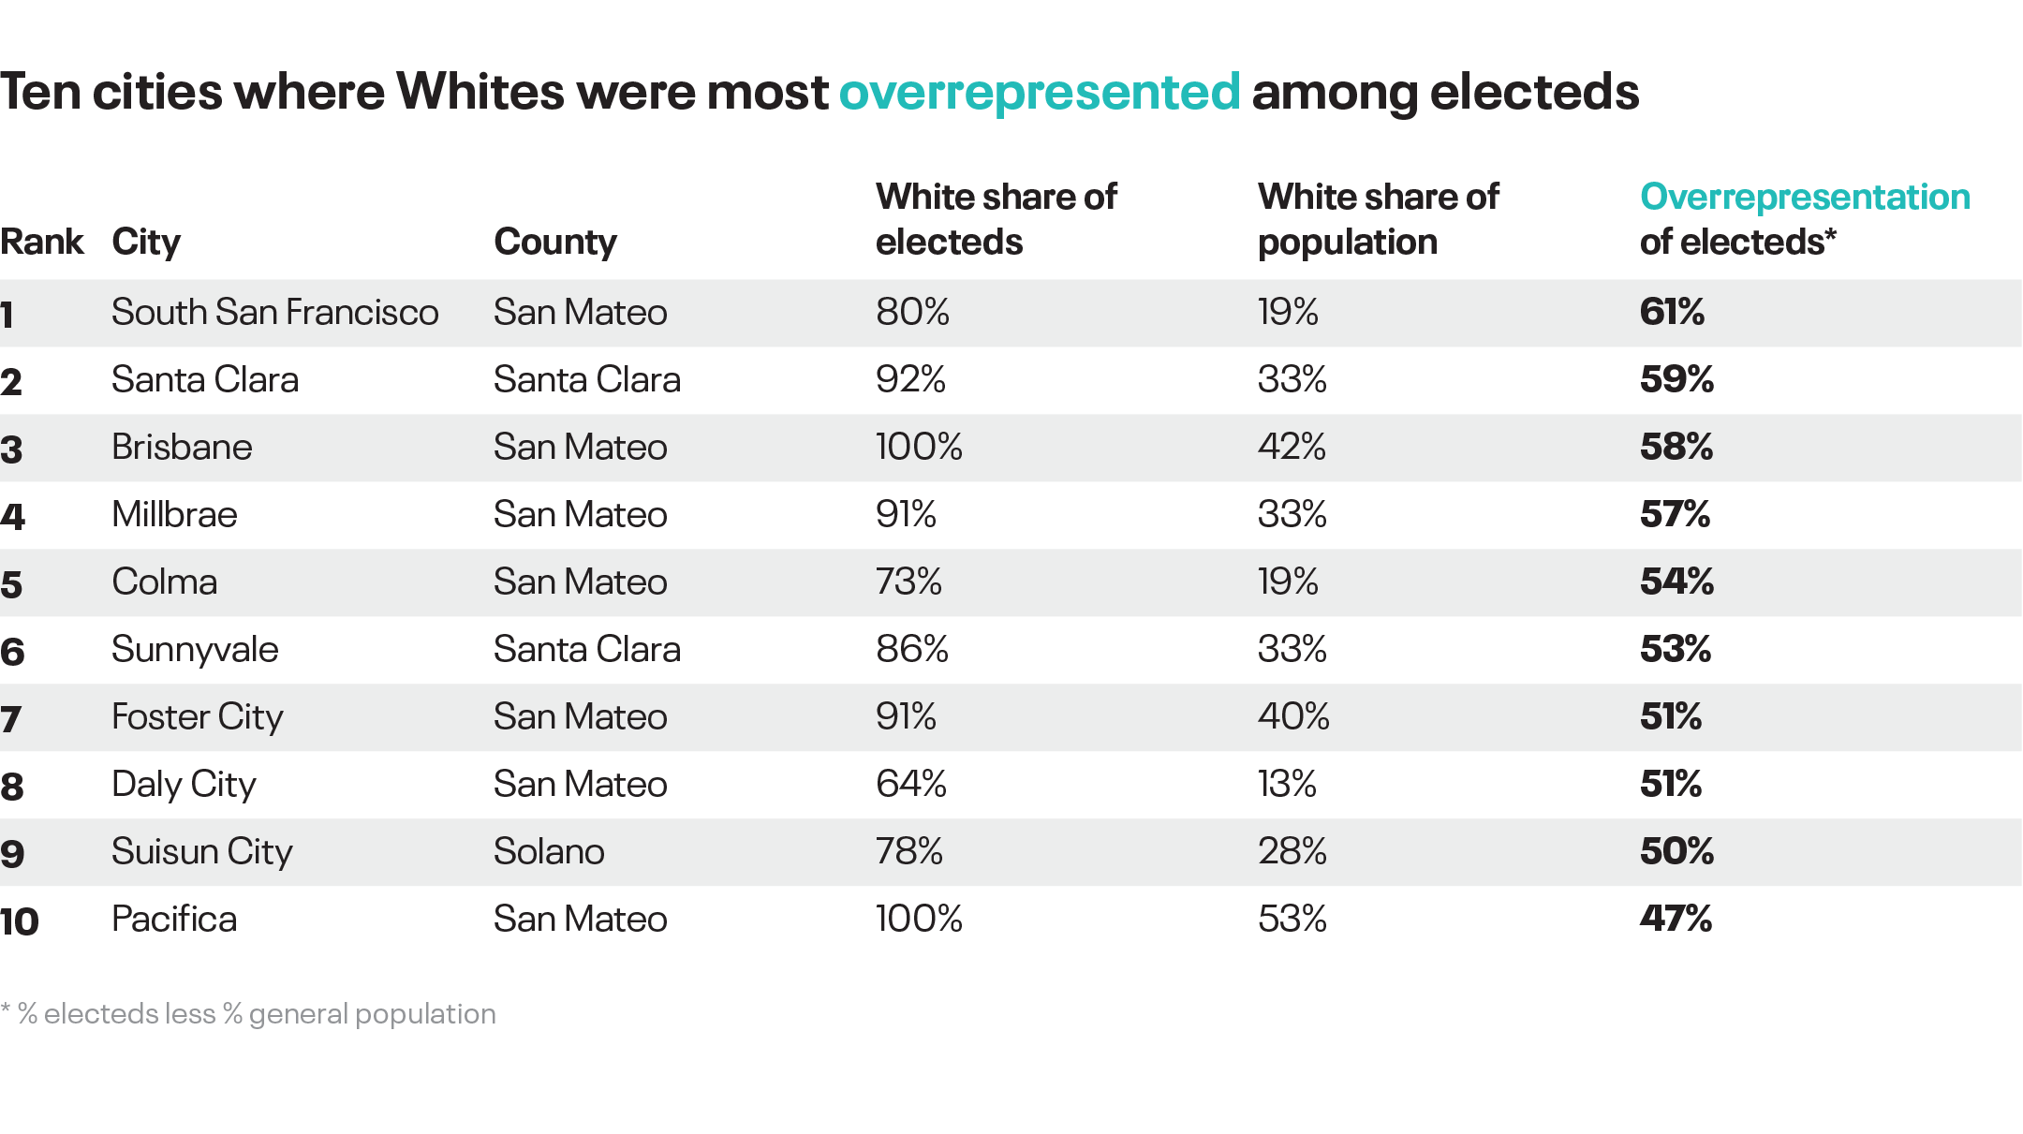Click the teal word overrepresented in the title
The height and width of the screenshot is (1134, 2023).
[1040, 93]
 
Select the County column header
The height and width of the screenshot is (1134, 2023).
[555, 242]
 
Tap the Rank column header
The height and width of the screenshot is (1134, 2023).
[42, 242]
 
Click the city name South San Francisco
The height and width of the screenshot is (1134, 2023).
[274, 312]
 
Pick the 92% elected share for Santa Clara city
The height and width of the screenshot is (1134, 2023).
[910, 379]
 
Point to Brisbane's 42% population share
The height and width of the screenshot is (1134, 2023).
[1292, 447]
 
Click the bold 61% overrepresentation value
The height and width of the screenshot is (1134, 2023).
[1672, 312]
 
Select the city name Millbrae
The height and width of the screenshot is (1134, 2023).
[174, 514]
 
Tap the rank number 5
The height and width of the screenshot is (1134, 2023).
[11, 583]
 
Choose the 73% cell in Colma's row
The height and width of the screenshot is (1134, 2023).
[908, 582]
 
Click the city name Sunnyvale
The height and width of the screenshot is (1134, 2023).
[195, 649]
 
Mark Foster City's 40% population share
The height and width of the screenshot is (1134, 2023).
[1293, 716]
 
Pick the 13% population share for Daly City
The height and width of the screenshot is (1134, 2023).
[1287, 784]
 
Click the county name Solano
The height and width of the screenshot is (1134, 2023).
[549, 851]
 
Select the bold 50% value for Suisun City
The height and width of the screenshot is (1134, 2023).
[1676, 851]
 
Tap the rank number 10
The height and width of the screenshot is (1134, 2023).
[20, 920]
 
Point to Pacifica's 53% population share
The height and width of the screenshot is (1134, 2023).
[1292, 919]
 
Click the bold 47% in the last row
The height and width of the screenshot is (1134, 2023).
[1676, 919]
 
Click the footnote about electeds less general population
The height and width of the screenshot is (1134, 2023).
[249, 1014]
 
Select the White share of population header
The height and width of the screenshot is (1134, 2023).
[1378, 219]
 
